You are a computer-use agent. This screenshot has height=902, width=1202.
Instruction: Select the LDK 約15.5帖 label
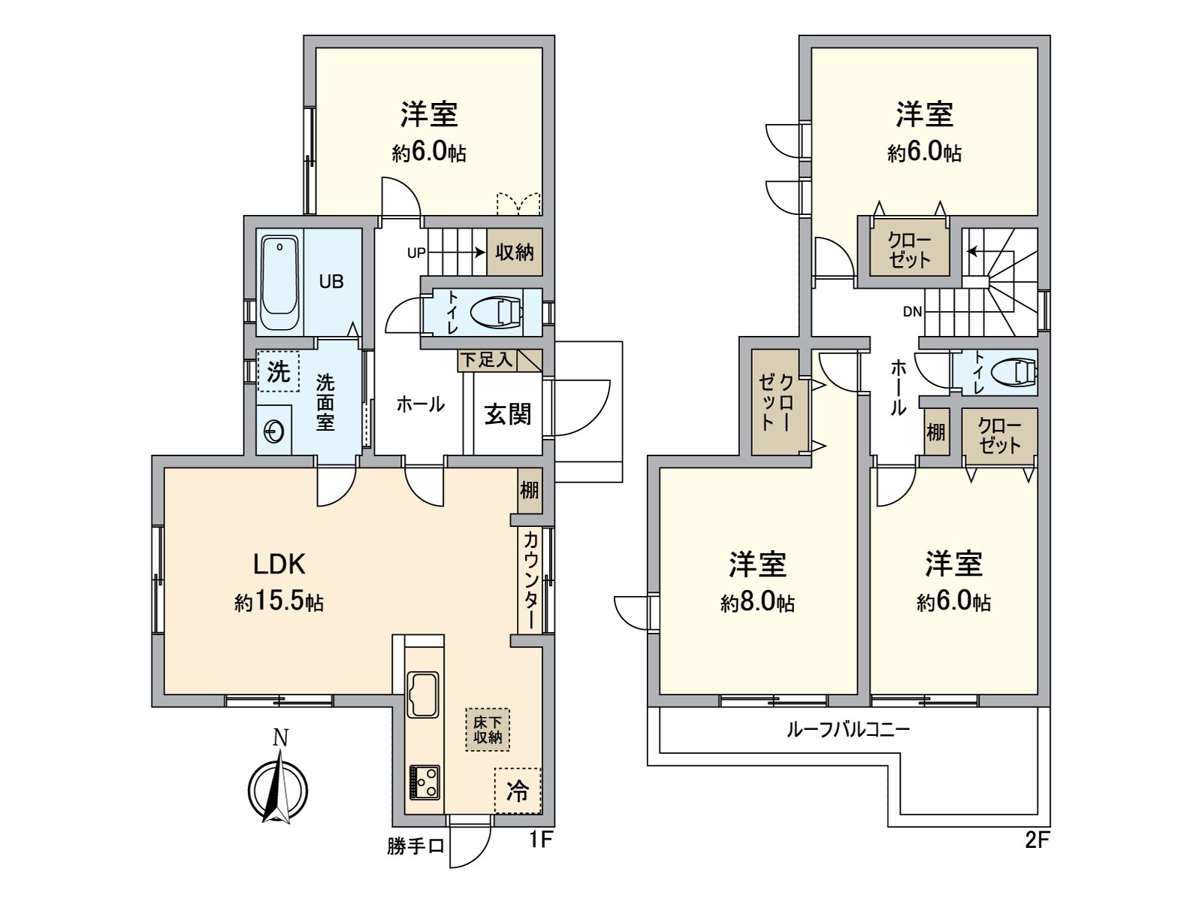[279, 582]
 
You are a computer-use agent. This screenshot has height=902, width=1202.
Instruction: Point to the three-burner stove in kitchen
[424, 782]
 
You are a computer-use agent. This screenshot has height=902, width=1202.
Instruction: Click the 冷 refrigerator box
[517, 791]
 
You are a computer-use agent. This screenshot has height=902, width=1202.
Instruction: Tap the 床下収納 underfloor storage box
[487, 729]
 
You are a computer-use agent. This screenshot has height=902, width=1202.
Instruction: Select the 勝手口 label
[415, 847]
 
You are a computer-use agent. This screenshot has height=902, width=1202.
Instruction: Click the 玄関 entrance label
[507, 414]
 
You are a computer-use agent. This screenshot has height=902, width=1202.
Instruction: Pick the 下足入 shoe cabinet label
[487, 360]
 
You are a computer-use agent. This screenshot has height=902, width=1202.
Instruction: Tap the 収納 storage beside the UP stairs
[515, 252]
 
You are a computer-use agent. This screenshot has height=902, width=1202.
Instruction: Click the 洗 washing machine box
[278, 371]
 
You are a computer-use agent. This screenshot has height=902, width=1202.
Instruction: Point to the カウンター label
[529, 580]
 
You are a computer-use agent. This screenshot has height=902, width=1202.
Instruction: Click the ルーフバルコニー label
[848, 729]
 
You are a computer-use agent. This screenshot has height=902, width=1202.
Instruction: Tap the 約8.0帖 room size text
[757, 603]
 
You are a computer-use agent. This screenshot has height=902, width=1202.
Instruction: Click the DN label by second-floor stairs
[912, 312]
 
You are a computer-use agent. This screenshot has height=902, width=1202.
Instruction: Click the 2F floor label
[1037, 840]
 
